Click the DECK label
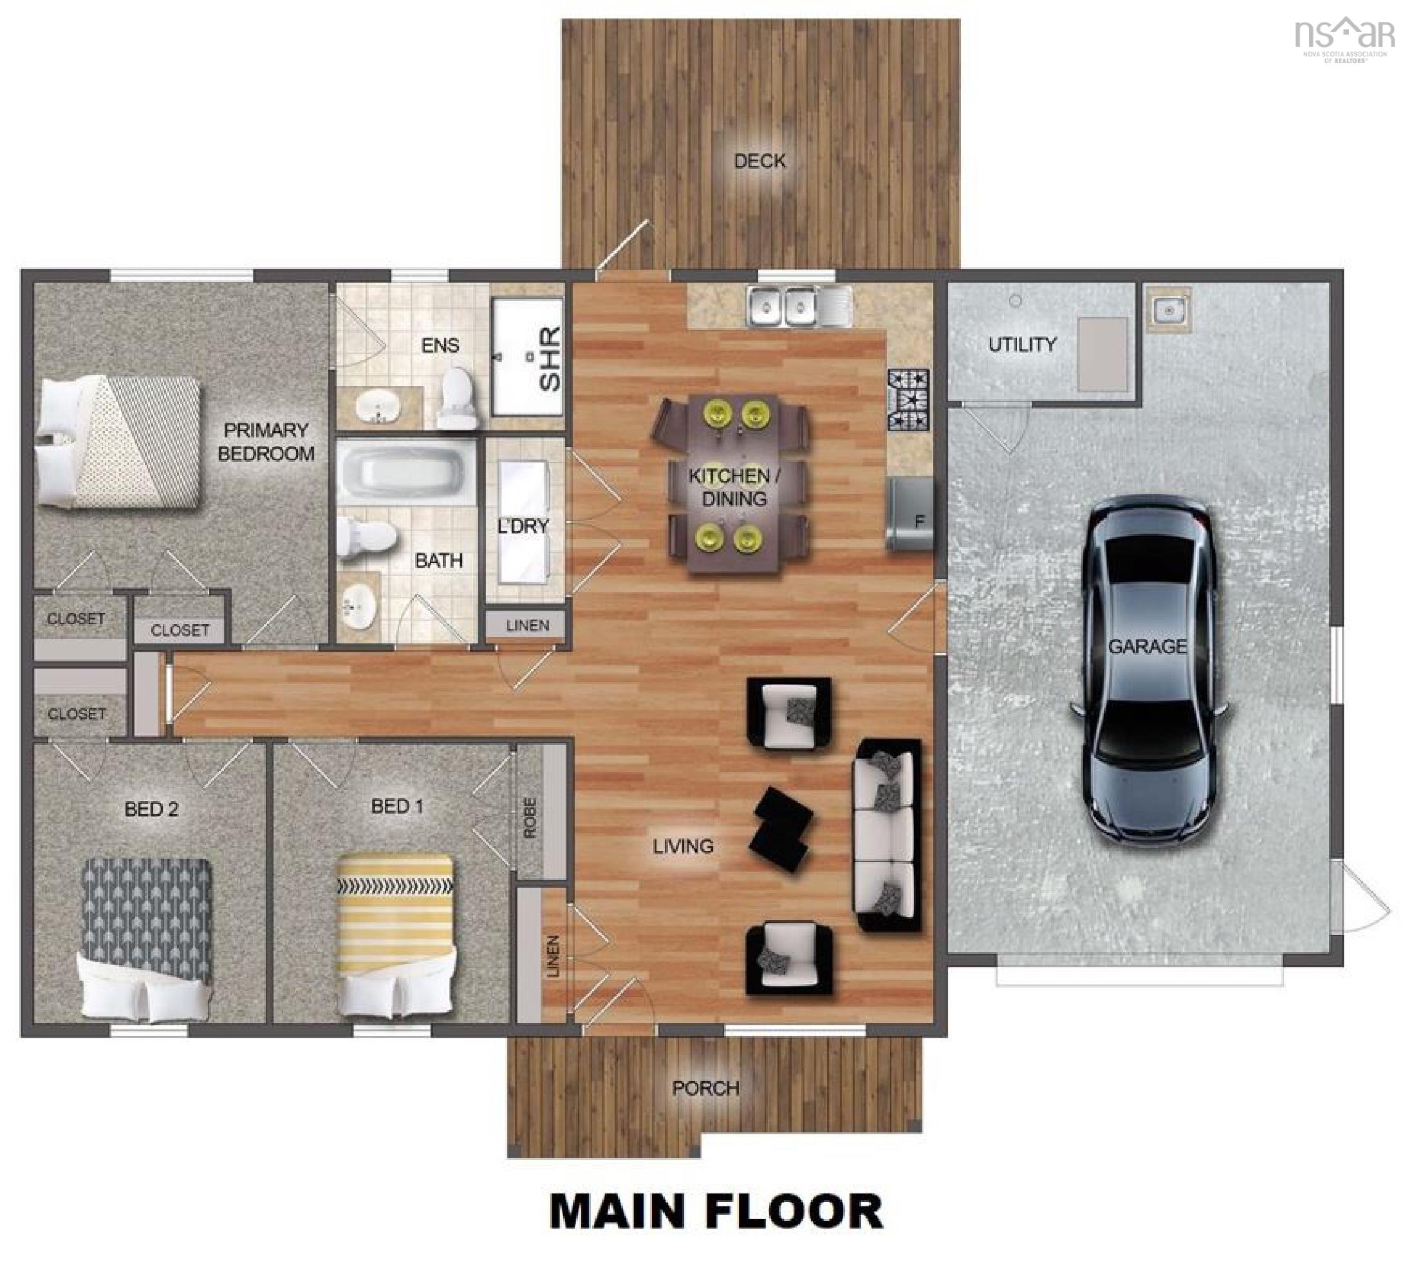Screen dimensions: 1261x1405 759,161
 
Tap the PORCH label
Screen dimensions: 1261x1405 705,1088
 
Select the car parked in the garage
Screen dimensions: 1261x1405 1149,670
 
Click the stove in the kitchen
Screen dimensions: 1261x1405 908,400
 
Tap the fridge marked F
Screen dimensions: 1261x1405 911,513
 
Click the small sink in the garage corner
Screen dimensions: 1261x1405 1168,309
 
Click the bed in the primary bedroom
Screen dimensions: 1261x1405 118,442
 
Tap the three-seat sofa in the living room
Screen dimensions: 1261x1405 888,835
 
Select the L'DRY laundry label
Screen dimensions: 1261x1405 523,526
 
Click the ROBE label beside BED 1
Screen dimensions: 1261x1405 530,817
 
